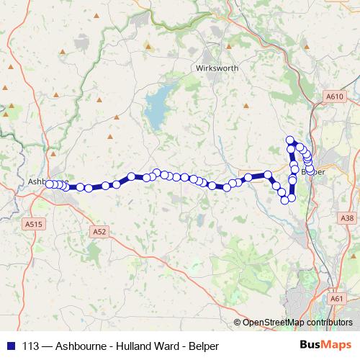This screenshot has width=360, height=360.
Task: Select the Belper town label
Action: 311,172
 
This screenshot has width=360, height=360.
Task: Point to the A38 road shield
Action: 348,217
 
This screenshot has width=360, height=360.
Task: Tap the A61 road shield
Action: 336,297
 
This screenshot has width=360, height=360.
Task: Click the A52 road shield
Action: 99,231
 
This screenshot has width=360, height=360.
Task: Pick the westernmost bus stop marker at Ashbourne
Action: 50,184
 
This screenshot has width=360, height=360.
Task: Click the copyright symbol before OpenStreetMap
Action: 237,322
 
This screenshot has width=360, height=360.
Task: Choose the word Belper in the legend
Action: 203,344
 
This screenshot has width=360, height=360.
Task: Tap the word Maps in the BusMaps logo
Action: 336,345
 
